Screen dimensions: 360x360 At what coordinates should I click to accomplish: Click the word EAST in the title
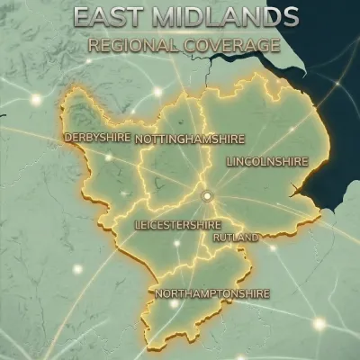coord(104,17)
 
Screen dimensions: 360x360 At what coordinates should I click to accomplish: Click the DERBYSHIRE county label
coord(96,138)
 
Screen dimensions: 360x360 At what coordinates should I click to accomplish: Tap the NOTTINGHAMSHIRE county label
coord(178,139)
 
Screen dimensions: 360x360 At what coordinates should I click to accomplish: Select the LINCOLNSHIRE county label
coord(267,161)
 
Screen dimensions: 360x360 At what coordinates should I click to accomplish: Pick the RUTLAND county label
coord(236,238)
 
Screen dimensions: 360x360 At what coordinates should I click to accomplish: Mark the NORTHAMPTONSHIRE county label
coord(211,294)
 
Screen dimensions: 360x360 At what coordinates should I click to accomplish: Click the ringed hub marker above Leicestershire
coord(207,194)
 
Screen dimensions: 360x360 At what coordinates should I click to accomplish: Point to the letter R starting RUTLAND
coord(216,238)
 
